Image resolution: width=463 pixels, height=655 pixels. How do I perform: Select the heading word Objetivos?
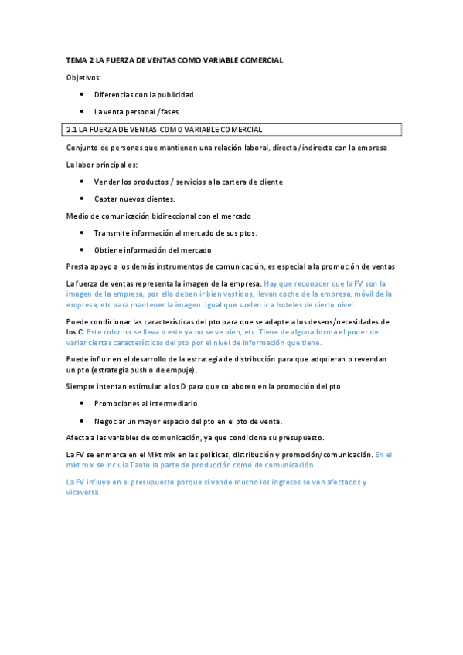coord(83,77)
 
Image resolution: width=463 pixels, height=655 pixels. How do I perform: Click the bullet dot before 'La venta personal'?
coord(82,112)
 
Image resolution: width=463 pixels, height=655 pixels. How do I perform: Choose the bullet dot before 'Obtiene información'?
coord(82,249)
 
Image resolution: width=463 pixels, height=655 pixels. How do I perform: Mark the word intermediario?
coord(169,403)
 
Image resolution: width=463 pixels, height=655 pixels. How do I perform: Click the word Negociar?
coord(111,421)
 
